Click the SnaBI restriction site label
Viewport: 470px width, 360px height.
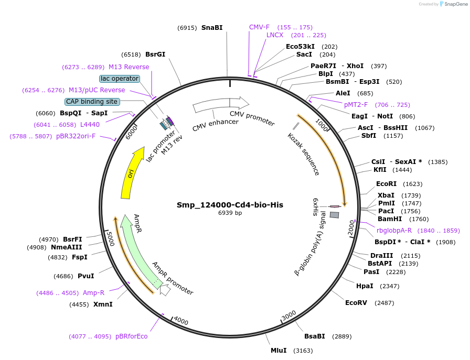[212, 27]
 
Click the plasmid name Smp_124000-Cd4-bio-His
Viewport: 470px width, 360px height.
[230, 205]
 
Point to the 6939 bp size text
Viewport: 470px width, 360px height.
[230, 213]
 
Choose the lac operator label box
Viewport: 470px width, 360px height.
[120, 79]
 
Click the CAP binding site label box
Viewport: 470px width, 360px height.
[92, 102]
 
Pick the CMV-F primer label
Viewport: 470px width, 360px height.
[259, 27]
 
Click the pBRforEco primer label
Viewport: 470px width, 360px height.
[132, 336]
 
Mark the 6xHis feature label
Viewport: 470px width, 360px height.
[316, 207]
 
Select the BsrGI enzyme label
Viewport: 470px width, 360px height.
[155, 54]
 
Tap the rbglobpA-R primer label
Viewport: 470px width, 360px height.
[394, 231]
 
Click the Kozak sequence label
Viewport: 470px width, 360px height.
[304, 154]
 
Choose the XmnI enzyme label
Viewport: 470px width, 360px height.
[103, 304]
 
